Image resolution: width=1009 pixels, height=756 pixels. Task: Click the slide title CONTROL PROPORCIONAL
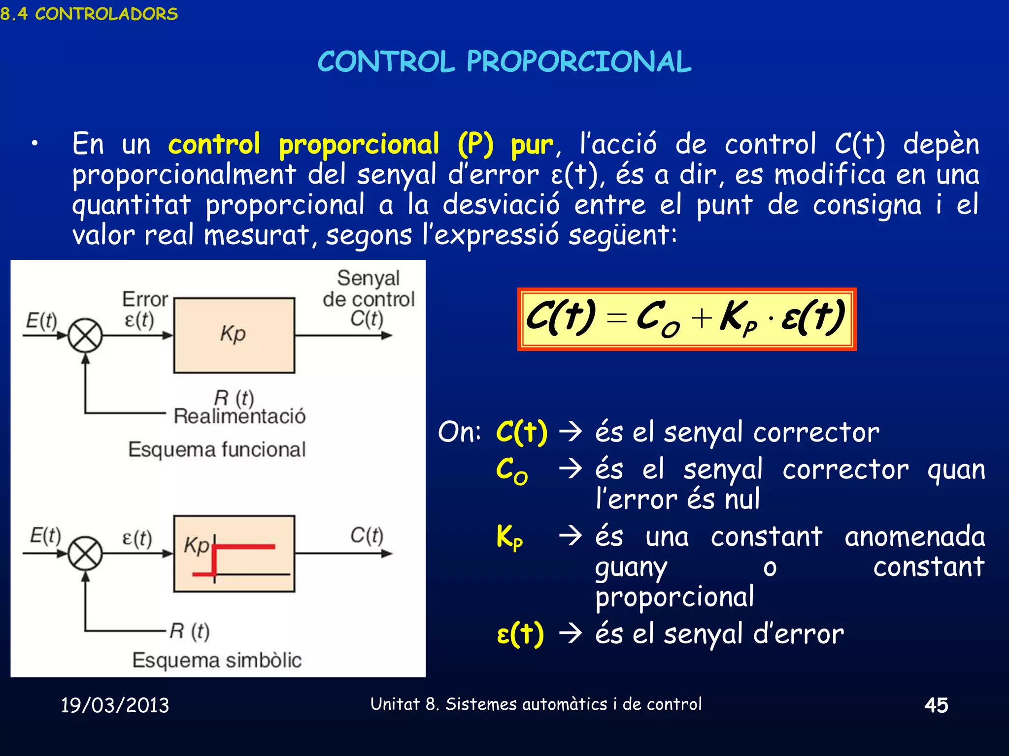(x=504, y=62)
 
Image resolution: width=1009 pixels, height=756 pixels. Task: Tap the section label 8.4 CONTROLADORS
(x=89, y=14)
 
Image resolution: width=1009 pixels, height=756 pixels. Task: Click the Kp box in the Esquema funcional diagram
(x=234, y=335)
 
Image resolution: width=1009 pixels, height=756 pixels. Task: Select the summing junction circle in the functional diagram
(x=85, y=336)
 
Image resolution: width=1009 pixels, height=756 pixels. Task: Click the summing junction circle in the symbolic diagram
(x=85, y=554)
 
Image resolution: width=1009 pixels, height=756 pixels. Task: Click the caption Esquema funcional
(x=217, y=449)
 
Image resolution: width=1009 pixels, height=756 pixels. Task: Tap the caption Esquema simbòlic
(x=217, y=660)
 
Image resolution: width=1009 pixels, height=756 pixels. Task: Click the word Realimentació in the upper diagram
(x=239, y=416)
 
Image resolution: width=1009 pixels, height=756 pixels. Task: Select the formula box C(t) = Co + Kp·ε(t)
(x=686, y=319)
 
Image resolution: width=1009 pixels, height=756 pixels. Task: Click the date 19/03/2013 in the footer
(x=115, y=705)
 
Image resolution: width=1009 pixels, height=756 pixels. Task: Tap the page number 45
(x=936, y=705)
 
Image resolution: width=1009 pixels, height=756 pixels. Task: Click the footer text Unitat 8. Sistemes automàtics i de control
(x=536, y=704)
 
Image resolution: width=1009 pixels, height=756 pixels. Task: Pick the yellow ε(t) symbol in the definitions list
(x=520, y=634)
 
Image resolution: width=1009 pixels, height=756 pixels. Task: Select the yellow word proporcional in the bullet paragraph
(x=359, y=145)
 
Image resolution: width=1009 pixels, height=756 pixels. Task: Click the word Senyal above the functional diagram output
(x=368, y=278)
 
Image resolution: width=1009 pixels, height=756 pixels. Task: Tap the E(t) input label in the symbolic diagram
(x=45, y=535)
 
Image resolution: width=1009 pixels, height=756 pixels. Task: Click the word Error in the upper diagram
(x=145, y=299)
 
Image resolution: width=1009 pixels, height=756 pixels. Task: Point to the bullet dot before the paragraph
(x=34, y=144)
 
